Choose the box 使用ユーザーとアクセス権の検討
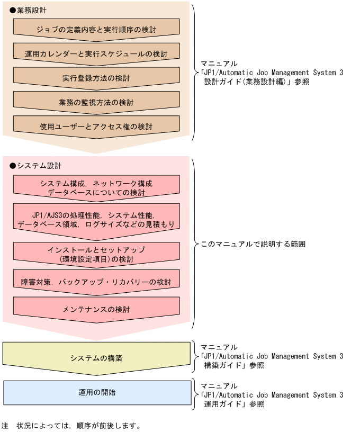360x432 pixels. click(96, 127)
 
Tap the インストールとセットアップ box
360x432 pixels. click(96, 254)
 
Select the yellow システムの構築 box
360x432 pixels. click(96, 358)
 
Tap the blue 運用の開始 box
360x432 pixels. click(97, 392)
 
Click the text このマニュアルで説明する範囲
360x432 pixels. click(253, 245)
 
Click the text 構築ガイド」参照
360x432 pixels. click(234, 365)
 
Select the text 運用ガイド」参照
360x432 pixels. click(234, 404)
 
